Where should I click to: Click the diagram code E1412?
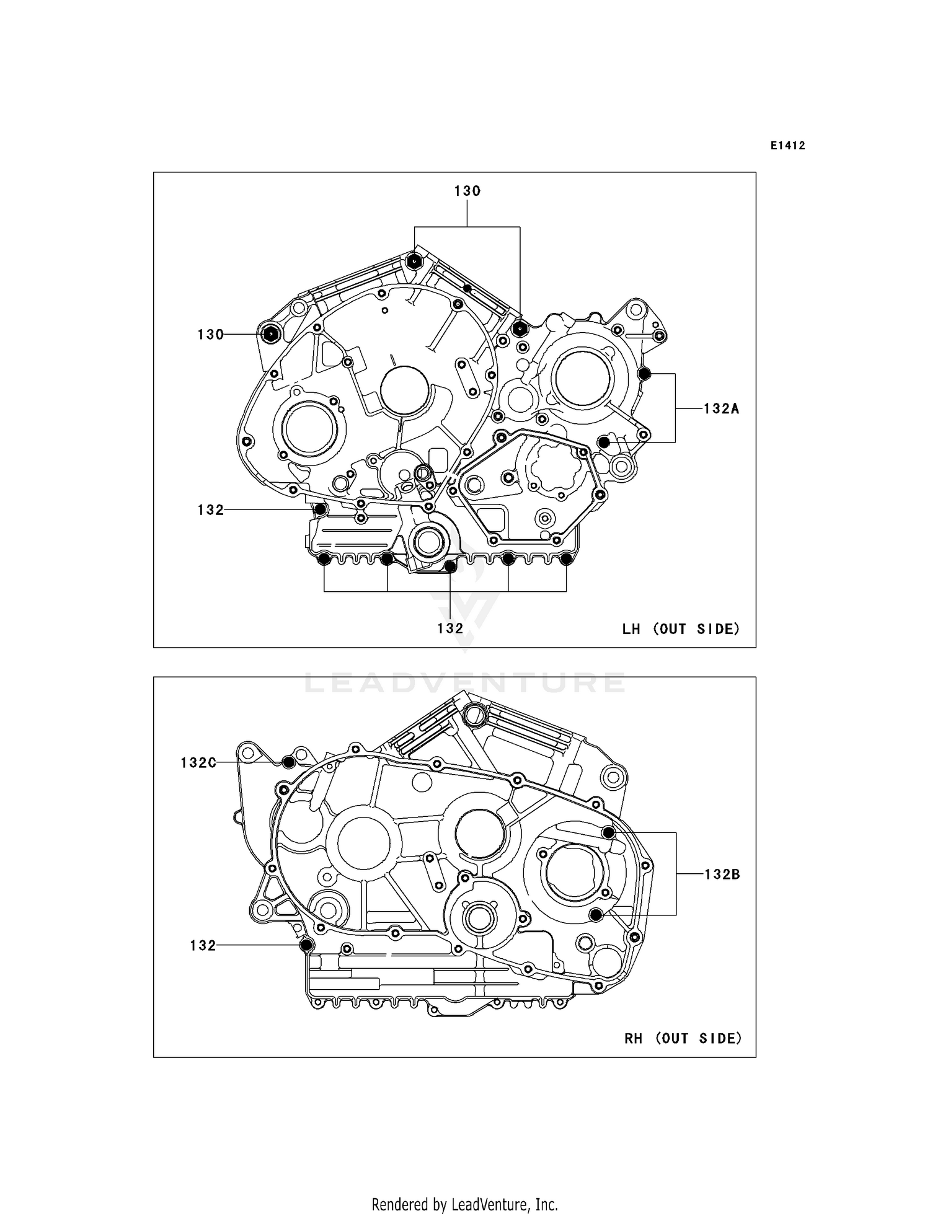(x=788, y=146)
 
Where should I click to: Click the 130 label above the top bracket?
(x=467, y=191)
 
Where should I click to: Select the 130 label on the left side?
(x=210, y=335)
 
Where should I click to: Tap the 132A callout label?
(x=721, y=408)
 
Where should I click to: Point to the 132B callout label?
(x=722, y=875)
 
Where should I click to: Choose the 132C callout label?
(x=198, y=762)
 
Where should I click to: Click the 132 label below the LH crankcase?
(x=450, y=628)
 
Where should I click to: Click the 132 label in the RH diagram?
(x=203, y=946)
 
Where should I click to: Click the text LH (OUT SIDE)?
(x=681, y=629)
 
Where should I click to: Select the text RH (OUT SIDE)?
(x=683, y=1038)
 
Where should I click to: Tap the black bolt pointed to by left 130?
(x=271, y=334)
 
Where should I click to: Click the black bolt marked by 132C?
(x=288, y=762)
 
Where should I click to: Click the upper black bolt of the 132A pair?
(x=644, y=374)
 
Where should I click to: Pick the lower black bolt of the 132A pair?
(x=604, y=442)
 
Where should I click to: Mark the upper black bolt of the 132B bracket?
(x=609, y=832)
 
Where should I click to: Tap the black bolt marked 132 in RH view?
(x=306, y=945)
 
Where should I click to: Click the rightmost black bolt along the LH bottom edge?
(x=566, y=560)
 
